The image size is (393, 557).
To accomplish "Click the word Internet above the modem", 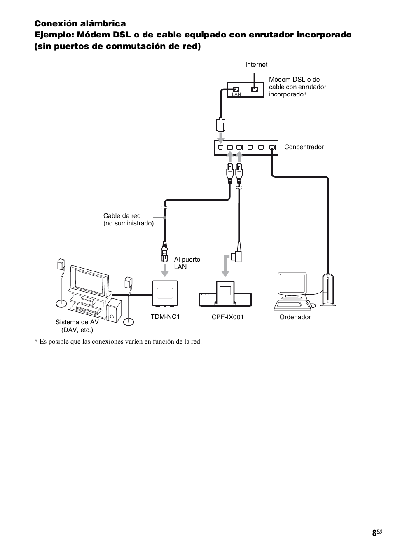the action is [256, 65].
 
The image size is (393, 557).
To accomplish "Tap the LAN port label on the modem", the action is [236, 94].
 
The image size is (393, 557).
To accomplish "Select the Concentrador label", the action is [304, 147].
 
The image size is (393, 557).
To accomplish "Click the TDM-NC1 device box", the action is [165, 293].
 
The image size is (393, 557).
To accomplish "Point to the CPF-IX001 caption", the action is [227, 317].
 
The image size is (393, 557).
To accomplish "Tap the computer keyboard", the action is [292, 305].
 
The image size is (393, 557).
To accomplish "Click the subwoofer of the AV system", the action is [114, 311].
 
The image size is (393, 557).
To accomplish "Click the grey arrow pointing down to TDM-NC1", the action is [164, 270].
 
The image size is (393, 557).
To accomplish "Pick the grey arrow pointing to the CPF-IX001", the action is [226, 266].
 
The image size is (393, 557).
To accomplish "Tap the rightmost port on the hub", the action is [272, 147].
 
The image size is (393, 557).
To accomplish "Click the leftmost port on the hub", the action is [221, 147].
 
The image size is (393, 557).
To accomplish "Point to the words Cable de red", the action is [122, 215].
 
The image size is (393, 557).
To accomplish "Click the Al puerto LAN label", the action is [187, 263].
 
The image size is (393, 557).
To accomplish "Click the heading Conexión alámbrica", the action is [80, 23].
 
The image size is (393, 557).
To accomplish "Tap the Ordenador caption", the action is [295, 317].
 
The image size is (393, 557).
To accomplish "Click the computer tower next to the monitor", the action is [328, 290].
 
